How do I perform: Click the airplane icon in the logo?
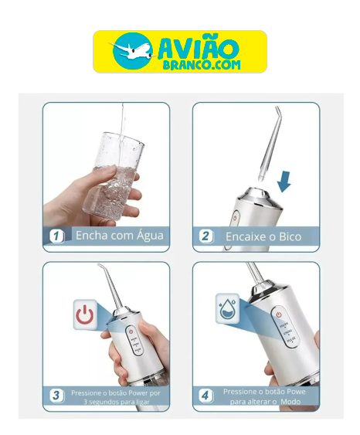(133, 51)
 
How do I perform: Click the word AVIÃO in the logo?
(199, 46)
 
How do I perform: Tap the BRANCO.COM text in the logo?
(202, 65)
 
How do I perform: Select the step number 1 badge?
(56, 236)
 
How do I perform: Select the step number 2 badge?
(206, 236)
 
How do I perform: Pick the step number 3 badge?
(56, 395)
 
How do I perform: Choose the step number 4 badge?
(206, 396)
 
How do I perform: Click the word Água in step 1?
(149, 236)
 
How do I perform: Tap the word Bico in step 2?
(290, 236)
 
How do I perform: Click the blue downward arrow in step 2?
(284, 182)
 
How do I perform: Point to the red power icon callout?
(85, 314)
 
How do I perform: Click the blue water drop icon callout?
(227, 308)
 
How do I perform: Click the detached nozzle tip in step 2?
(269, 144)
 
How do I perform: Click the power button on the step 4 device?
(279, 314)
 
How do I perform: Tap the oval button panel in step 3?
(134, 342)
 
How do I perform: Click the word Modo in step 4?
(290, 402)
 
